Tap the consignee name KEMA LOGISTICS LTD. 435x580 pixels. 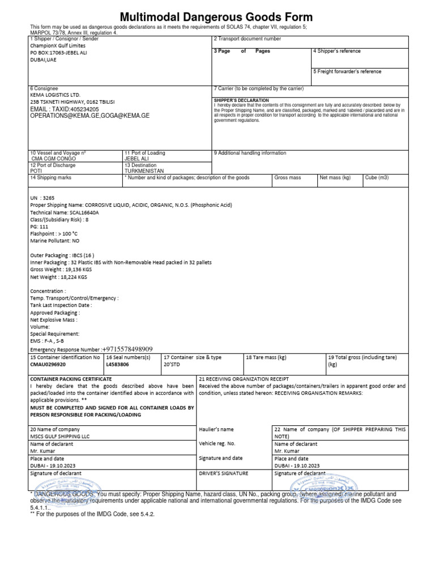click(57, 95)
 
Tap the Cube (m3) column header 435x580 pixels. click(377, 177)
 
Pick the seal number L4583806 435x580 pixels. click(118, 365)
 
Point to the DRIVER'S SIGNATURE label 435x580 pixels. click(223, 473)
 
